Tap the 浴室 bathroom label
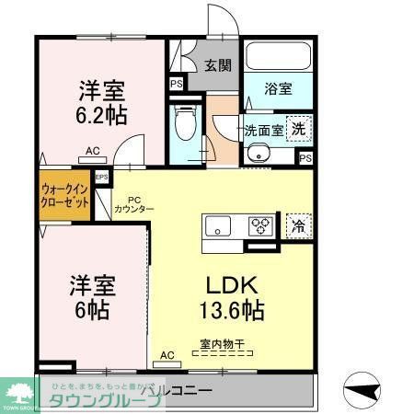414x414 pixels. [279, 89]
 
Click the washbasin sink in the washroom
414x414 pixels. [260, 154]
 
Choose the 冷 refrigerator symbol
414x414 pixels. [296, 224]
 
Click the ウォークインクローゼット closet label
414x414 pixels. [65, 196]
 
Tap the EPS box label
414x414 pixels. [101, 176]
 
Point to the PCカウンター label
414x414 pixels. [134, 203]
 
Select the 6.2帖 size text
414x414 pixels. [101, 117]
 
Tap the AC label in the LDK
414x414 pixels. [168, 354]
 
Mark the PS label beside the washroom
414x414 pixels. [305, 158]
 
